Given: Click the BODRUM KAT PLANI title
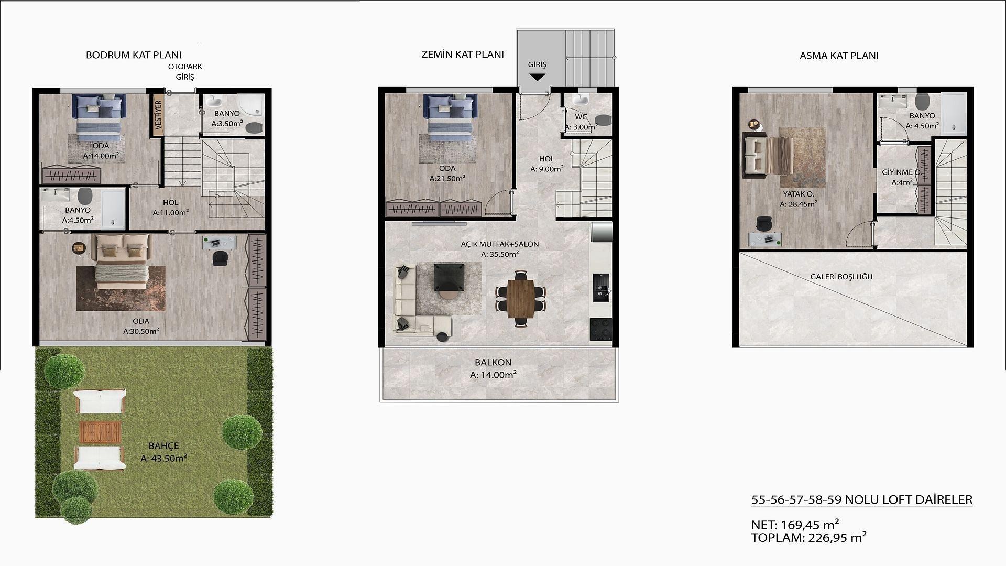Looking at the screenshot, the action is [x=134, y=55].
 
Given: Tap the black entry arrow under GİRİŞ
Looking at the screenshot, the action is [x=537, y=77].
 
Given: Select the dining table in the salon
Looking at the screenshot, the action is [x=520, y=299].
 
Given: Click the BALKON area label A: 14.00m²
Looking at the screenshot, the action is [x=493, y=375].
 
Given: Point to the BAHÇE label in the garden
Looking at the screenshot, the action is [x=164, y=446].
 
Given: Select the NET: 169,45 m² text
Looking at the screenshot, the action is [x=795, y=525].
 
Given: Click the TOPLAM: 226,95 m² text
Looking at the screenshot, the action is [x=808, y=537].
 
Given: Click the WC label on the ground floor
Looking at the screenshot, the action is [x=581, y=117].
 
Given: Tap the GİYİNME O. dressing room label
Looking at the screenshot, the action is [x=901, y=172].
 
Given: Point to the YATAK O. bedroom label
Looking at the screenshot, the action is [x=799, y=194].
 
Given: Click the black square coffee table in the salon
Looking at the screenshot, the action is [x=449, y=277].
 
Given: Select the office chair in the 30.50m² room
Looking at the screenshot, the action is [x=221, y=258].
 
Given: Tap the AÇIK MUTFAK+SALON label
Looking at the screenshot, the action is [x=500, y=244].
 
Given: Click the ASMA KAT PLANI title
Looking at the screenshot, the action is [x=839, y=56].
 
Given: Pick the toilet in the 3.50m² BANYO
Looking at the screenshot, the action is [x=255, y=127].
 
